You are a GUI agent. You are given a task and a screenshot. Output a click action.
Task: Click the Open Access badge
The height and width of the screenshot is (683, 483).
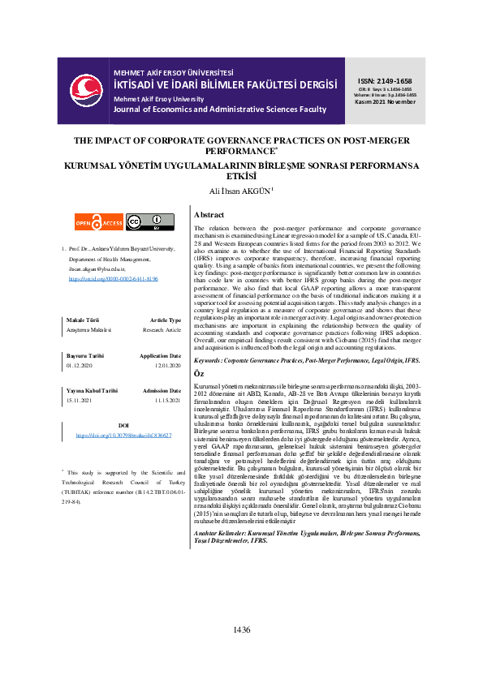click(99, 221)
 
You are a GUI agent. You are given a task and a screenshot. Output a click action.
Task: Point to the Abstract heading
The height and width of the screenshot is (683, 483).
click(210, 215)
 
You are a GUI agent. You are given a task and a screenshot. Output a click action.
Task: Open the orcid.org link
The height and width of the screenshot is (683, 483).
click(114, 278)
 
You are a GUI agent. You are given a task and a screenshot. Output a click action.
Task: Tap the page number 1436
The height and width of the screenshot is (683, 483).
click(241, 652)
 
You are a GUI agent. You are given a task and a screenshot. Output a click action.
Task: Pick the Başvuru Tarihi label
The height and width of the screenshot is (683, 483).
click(85, 356)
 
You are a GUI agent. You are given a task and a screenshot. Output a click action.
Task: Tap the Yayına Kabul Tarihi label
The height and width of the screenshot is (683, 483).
click(91, 391)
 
